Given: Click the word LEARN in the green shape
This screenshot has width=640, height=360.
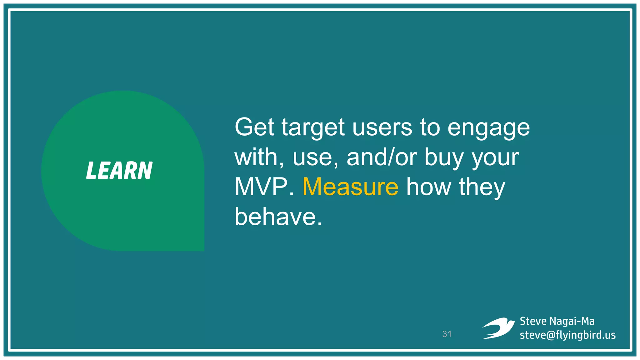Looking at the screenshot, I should tap(119, 171).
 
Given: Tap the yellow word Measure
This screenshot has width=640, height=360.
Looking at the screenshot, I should tap(350, 187).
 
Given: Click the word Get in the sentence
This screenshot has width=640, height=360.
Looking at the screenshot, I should tap(254, 127).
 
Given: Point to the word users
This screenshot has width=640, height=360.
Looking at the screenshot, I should tap(382, 127).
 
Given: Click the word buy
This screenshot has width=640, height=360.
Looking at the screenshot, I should tap(444, 157).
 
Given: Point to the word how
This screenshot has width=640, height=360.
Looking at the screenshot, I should tap(428, 187).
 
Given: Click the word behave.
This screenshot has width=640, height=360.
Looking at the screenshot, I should tap(277, 217).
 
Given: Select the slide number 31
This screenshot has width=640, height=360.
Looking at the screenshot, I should tap(447, 334).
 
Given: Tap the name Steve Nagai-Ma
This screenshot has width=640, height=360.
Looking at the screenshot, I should tap(557, 321).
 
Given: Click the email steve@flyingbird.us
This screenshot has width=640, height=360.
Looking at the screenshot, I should tap(567, 335).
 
